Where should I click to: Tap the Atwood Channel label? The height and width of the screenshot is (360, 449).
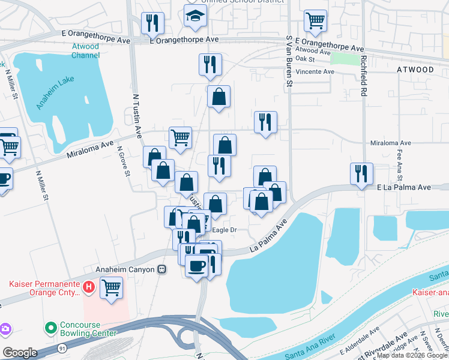coord(86,51)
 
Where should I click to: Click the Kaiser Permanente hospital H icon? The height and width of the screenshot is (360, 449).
coord(89,287)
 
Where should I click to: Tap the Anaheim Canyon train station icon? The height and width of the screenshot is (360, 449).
coord(161,269)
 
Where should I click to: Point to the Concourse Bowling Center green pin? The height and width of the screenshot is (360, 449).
coord(51,328)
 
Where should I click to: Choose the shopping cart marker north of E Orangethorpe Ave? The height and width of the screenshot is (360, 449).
coord(315,20)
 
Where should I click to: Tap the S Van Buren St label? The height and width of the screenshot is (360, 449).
coord(289,61)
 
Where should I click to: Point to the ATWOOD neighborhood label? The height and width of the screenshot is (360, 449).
coord(415,70)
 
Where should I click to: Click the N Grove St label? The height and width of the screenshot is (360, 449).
coord(123,161)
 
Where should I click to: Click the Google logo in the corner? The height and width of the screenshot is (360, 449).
coord(20,353)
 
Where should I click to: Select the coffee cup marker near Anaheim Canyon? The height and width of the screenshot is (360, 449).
coord(196,265)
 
